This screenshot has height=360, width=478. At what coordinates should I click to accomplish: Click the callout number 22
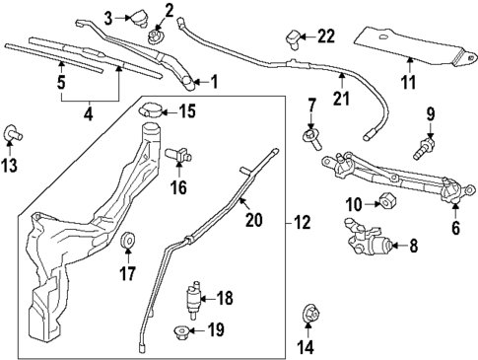pyautogui.click(x=325, y=36)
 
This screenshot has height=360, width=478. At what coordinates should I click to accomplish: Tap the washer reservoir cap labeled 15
pyautogui.click(x=151, y=109)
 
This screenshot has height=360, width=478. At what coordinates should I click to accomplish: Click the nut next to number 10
pyautogui.click(x=387, y=202)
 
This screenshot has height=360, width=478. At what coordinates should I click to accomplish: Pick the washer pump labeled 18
pyautogui.click(x=194, y=295)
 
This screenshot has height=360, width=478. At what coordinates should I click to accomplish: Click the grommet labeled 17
pyautogui.click(x=127, y=243)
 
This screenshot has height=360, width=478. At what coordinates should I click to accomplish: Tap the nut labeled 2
pyautogui.click(x=154, y=36)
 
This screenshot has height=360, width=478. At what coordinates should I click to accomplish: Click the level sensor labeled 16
pyautogui.click(x=180, y=154)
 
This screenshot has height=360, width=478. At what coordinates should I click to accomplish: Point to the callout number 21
pyautogui.click(x=341, y=98)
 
